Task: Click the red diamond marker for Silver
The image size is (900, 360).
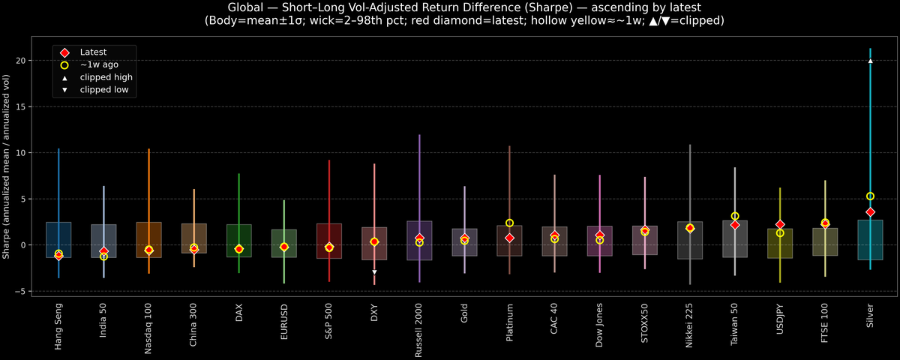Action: click(870, 212)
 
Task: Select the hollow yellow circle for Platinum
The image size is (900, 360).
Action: click(509, 223)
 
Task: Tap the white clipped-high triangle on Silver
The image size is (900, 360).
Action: click(870, 61)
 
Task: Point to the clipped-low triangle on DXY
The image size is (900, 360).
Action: click(374, 272)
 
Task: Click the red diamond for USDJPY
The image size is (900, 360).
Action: click(780, 224)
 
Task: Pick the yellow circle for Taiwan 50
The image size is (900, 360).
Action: click(735, 216)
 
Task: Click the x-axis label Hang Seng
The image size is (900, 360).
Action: click(58, 326)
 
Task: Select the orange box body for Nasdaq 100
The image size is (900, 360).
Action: click(148, 239)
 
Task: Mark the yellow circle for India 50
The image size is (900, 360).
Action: click(103, 256)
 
